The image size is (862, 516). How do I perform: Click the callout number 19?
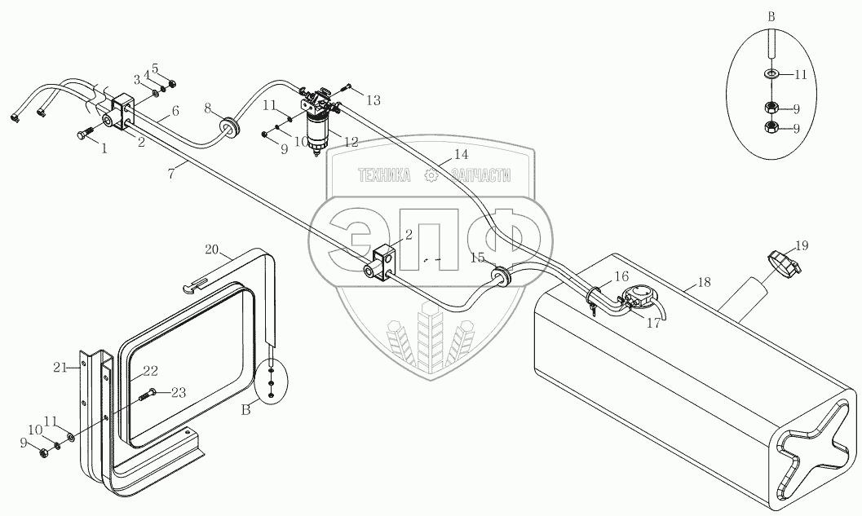[802, 245]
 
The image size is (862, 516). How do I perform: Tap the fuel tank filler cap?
[781, 263]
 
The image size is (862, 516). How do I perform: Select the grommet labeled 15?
[501, 279]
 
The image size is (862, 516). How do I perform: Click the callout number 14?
[461, 154]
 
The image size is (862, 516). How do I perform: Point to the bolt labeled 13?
[347, 87]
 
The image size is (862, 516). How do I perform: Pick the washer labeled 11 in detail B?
[771, 74]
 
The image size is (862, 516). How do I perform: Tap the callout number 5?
[154, 68]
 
